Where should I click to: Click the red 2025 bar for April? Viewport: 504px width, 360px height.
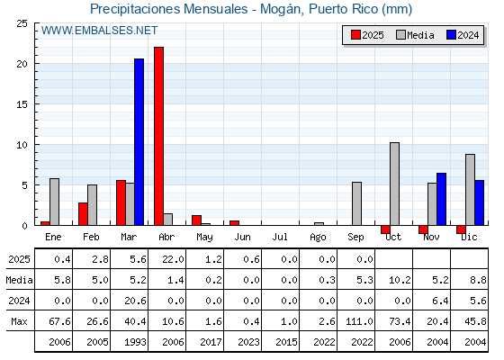158,136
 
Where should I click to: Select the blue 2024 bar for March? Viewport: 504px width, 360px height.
139,142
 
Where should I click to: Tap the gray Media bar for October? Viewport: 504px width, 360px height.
394,184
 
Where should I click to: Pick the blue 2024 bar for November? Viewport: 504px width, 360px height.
441,199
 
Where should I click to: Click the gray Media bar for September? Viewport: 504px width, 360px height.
356,203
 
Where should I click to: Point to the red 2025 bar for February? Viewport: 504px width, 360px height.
83,214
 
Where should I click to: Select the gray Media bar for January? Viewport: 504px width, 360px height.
54,202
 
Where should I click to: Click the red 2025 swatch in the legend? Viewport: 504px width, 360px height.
355,35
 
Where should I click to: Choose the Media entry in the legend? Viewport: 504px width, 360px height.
415,35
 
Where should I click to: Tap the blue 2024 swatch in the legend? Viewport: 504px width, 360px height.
451,35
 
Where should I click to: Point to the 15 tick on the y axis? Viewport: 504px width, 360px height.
22,104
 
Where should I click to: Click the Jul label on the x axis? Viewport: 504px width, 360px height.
280,237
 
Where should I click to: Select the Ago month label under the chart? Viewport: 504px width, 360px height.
318,238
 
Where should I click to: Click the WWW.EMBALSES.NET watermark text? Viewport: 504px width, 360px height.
99,31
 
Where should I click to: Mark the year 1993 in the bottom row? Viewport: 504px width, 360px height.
135,342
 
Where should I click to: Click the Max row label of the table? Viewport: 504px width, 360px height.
19,321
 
